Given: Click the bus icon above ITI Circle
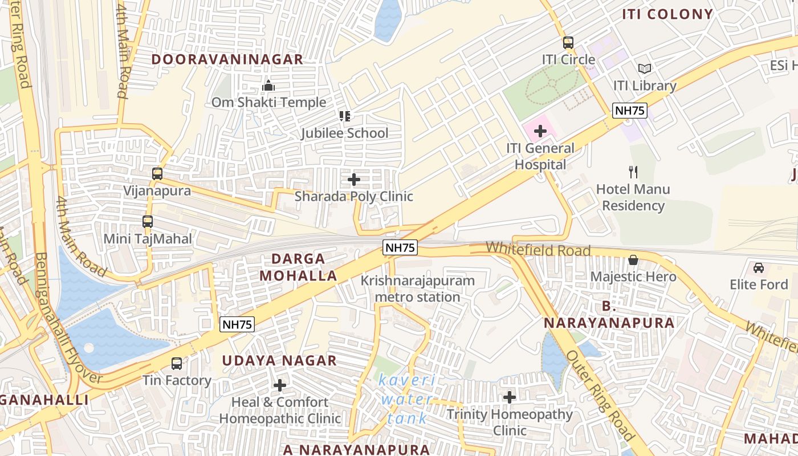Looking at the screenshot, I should point(568,43).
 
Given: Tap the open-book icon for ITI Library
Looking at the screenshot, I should point(645,69).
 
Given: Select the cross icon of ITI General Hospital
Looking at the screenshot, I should point(540,132).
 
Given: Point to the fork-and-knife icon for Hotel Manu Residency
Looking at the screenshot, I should point(633,172).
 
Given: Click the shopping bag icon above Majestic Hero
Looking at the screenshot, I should point(633,260).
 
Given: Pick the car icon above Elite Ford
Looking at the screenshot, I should point(758,267).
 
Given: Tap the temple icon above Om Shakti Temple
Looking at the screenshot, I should point(268,86).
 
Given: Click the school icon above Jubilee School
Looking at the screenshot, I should point(344,116).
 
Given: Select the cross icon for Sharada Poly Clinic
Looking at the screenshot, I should point(353,180).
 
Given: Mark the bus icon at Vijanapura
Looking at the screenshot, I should point(157,174).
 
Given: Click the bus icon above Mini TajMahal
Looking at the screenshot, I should point(148,222).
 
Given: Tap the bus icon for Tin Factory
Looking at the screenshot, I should point(177,363).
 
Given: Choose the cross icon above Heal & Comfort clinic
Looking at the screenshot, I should point(279,386).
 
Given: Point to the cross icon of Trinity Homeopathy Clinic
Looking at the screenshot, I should point(509,397).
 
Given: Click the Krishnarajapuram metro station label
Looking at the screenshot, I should point(417,289).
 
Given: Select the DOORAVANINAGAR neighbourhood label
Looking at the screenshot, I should point(227,59).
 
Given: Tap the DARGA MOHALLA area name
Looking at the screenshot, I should point(298,267).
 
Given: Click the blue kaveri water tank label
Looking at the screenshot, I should point(407,399).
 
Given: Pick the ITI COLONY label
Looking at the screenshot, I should point(667,14).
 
